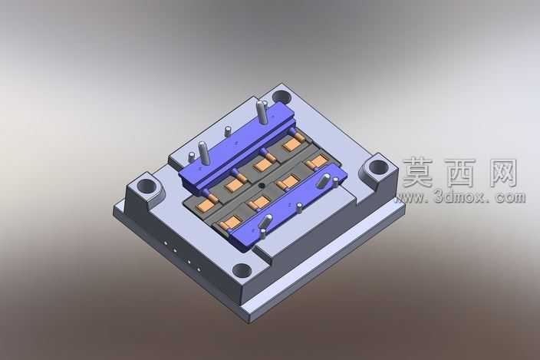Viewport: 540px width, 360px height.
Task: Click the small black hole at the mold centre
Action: pyautogui.click(x=262, y=186)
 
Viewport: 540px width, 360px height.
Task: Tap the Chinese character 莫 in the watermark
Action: pyautogui.click(x=419, y=172)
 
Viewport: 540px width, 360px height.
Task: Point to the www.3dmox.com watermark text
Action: pyautogui.click(x=460, y=197)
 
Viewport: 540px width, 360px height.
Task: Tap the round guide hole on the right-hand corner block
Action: pyautogui.click(x=378, y=168)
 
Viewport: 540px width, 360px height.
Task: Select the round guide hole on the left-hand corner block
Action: pyautogui.click(x=147, y=187)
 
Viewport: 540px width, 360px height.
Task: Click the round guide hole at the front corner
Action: pyautogui.click(x=242, y=270)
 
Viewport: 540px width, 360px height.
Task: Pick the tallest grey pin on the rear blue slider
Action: pyautogui.click(x=262, y=112)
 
